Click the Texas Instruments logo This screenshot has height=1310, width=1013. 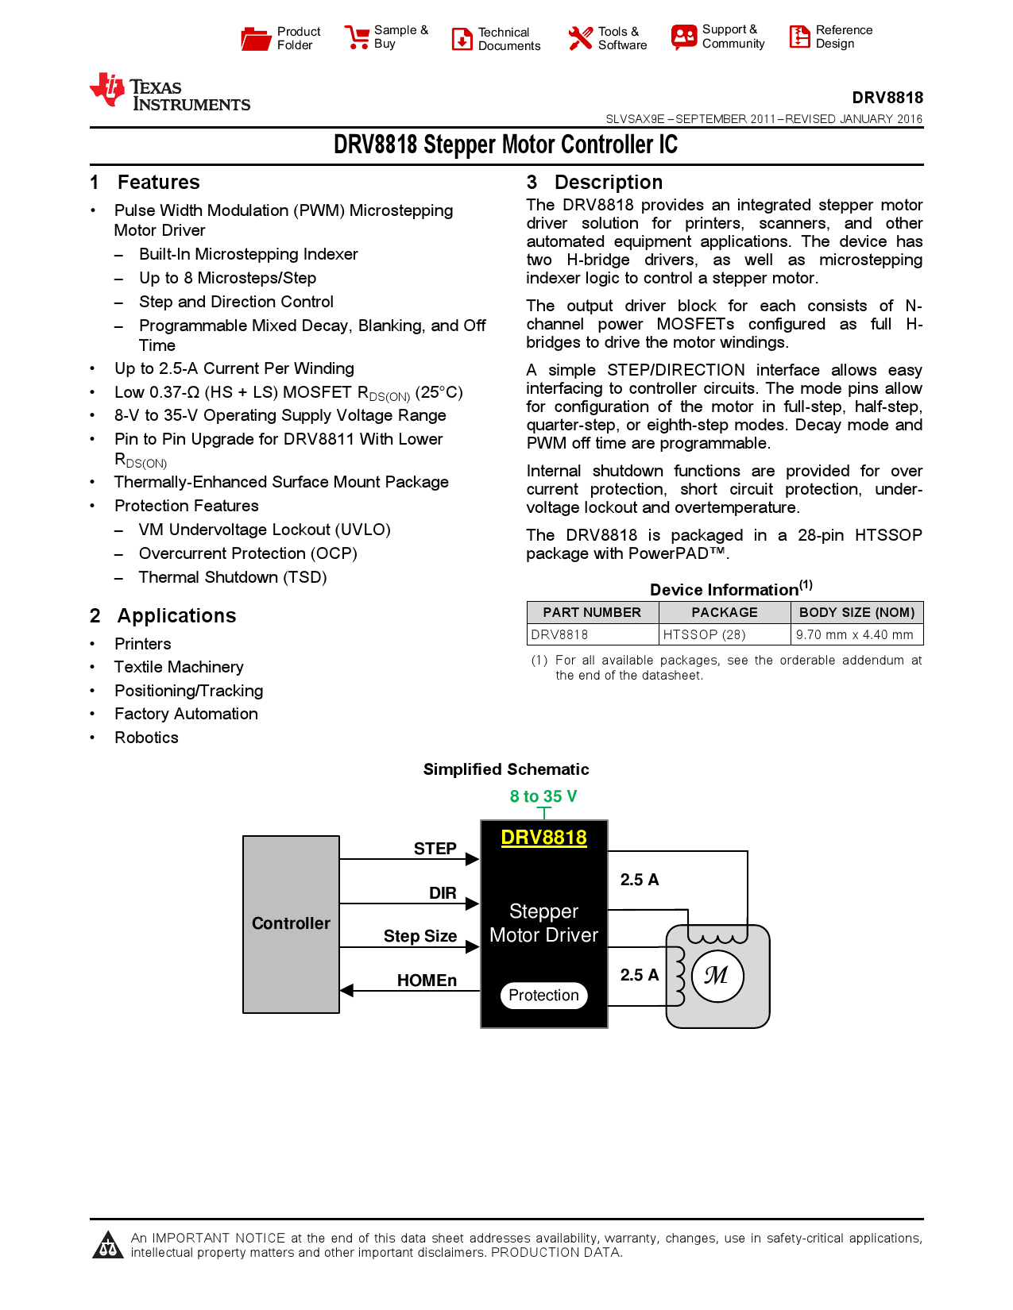coord(169,92)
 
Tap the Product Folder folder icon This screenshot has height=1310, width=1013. coord(256,38)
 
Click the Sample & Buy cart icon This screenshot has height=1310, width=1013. coord(357,37)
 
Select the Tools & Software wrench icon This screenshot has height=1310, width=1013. coord(580,38)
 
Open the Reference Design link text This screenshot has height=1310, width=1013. coord(843,37)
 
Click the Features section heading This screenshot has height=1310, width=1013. coord(158,183)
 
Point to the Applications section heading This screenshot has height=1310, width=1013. coord(176,616)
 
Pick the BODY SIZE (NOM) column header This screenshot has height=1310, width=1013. coord(856,612)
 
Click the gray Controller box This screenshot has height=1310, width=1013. coord(291,923)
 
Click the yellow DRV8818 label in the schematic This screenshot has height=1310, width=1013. coord(543,838)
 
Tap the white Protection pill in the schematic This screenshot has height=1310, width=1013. coord(543,995)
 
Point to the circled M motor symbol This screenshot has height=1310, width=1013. coord(717,975)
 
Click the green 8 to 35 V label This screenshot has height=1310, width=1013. coord(543,796)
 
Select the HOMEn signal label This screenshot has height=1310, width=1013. coord(427,981)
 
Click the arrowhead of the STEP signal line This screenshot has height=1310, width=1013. coord(473,859)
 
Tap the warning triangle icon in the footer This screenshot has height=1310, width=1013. coord(107,1246)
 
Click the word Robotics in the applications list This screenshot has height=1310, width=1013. coord(146,738)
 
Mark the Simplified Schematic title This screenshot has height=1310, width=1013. coord(506,769)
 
